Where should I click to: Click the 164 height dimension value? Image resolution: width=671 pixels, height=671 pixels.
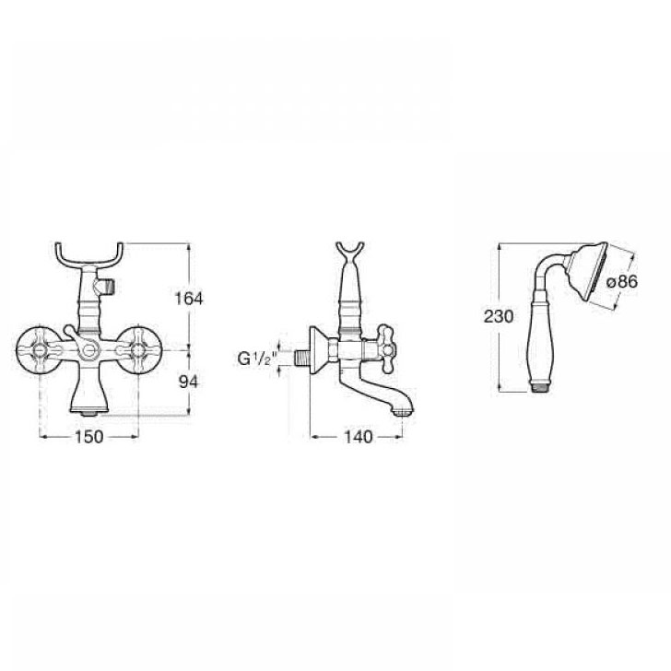(x=189, y=299)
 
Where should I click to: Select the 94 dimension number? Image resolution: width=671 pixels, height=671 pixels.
(x=189, y=382)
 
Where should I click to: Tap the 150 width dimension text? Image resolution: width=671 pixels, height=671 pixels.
(x=89, y=437)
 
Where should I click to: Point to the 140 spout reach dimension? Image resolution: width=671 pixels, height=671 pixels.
(x=359, y=437)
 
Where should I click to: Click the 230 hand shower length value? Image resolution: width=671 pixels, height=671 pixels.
(x=498, y=317)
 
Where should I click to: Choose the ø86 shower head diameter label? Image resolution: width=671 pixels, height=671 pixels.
(x=622, y=282)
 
